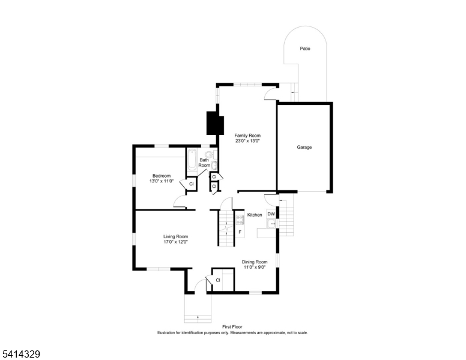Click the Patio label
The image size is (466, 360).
click(306, 49)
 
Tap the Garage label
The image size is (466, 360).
click(304, 147)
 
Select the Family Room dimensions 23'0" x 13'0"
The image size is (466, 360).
click(247, 142)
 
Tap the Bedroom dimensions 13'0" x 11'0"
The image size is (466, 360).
click(162, 181)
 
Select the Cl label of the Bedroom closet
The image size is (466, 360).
click(192, 184)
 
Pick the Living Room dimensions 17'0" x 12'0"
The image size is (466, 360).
click(176, 242)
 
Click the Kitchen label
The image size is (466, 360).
click(255, 215)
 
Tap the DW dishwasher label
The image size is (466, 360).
click(271, 214)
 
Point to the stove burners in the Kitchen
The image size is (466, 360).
click(239, 218)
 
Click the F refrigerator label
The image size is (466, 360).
click(240, 232)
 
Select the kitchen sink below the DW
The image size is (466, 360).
click(271, 224)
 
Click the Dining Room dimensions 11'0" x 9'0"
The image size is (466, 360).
click(255, 268)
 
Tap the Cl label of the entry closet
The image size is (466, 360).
click(218, 280)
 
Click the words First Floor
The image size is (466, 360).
click(232, 327)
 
